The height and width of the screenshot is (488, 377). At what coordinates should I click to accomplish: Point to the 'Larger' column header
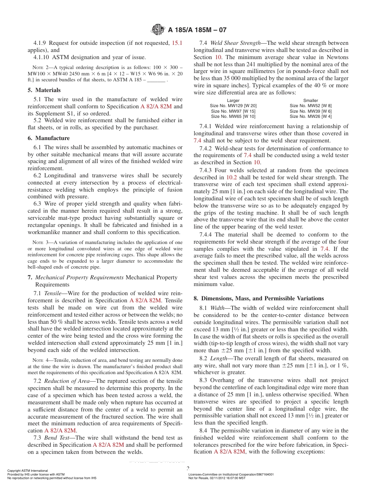233,101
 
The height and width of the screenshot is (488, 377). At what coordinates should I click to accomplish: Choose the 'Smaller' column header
310,101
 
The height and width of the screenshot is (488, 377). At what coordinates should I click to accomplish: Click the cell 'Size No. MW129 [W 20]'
233,106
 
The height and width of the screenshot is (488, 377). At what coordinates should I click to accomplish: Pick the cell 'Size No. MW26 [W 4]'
310,116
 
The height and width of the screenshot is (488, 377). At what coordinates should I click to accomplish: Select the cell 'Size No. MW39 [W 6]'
310,111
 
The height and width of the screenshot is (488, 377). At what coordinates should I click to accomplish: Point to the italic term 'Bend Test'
56,438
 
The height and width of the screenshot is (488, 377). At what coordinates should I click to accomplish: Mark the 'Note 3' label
40,242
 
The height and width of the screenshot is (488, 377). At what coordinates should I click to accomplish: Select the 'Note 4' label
40,360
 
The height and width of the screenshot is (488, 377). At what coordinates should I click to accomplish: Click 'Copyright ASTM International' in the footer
27,471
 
